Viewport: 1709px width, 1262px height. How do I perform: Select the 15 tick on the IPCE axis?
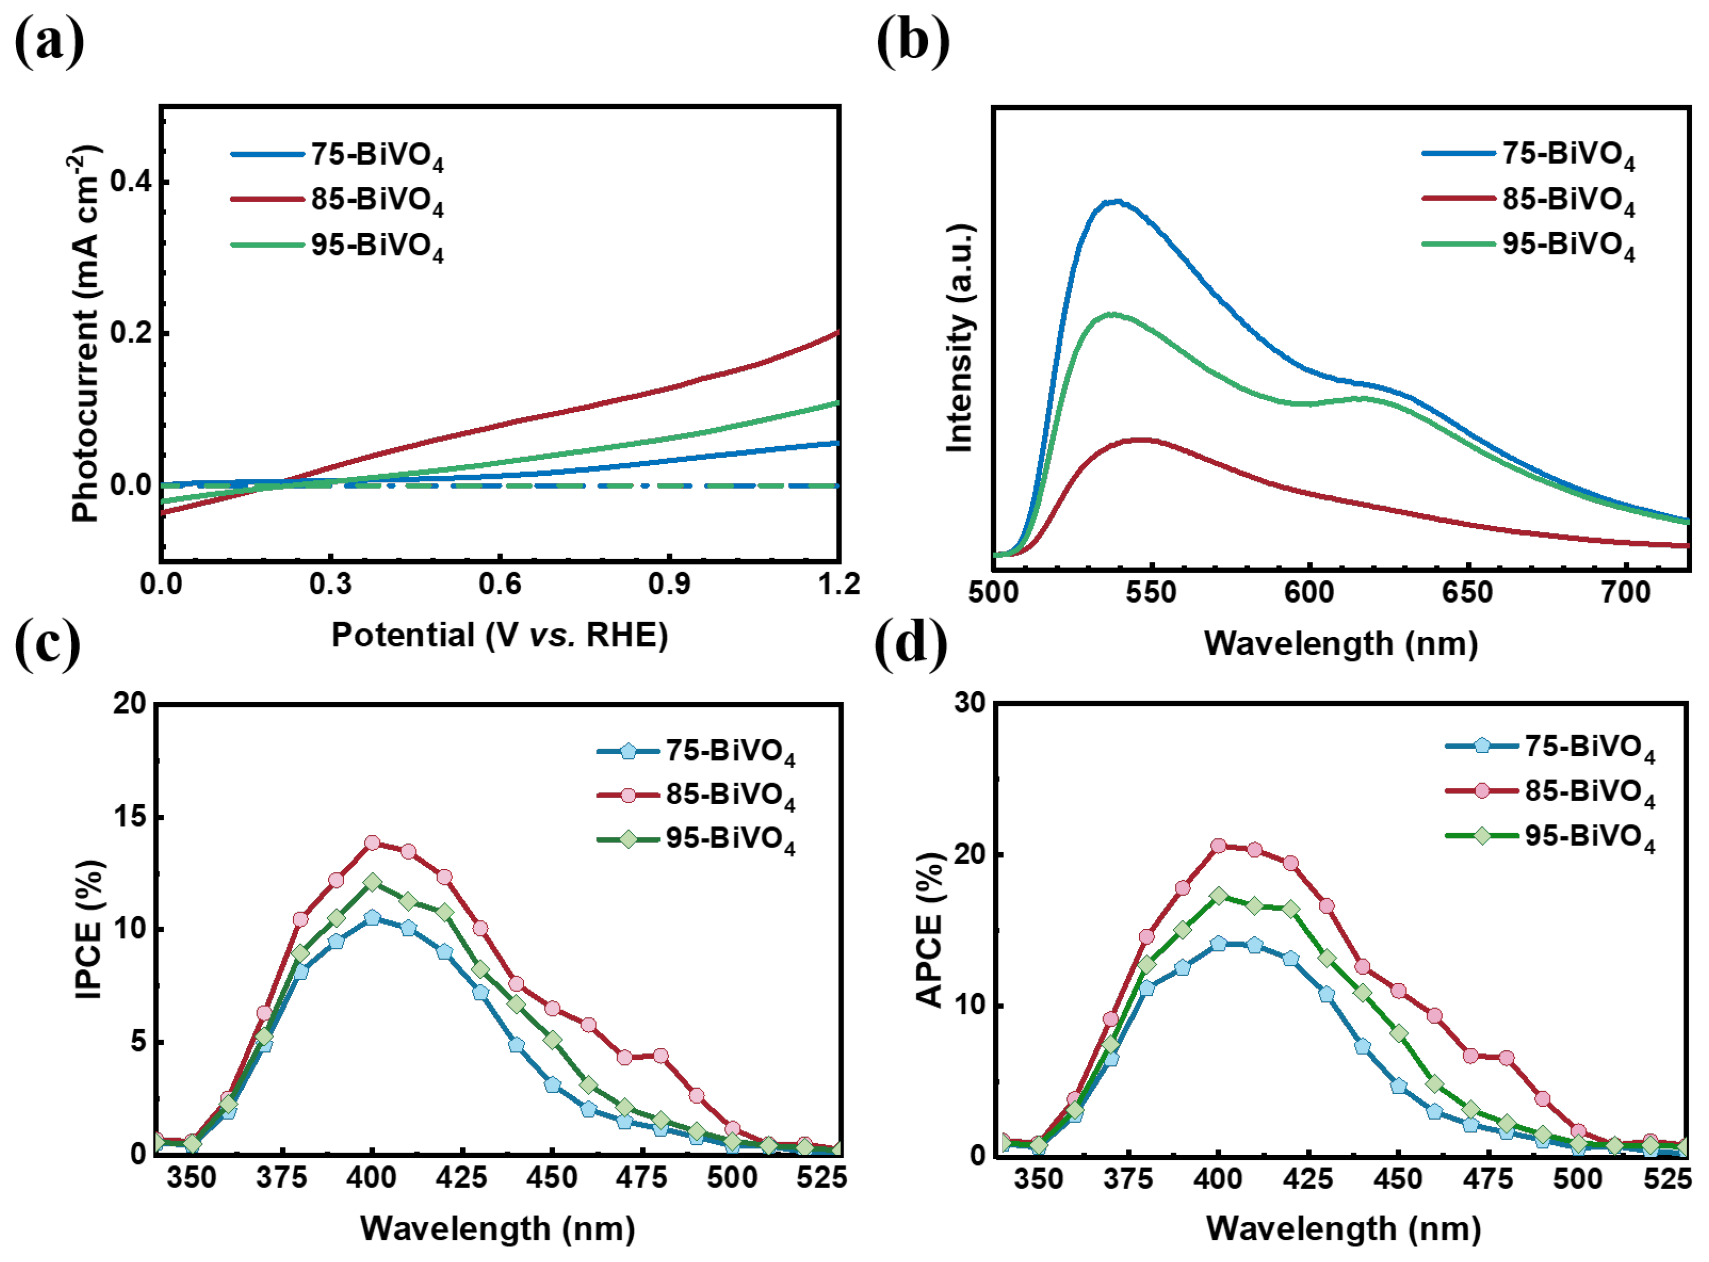coord(128,817)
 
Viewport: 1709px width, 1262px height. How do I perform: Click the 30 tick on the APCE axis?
coord(969,703)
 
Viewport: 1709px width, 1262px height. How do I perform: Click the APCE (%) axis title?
coord(930,930)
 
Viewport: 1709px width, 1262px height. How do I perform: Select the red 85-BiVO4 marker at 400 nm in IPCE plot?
coord(372,843)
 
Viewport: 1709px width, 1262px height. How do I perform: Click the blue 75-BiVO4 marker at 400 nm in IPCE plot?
coord(372,918)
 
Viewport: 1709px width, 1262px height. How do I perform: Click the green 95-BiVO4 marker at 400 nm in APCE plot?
coord(1219,896)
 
